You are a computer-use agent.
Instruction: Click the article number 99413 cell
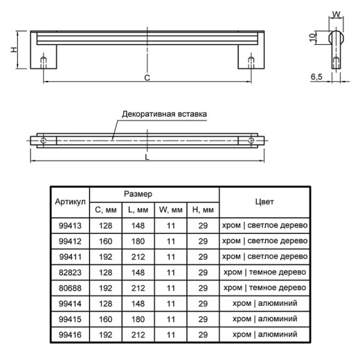[70, 226]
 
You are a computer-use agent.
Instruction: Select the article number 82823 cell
[70, 272]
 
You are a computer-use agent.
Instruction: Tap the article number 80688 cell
[70, 288]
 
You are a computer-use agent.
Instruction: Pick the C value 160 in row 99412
[106, 241]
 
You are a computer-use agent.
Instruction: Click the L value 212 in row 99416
[138, 334]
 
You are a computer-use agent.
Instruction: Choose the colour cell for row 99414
[264, 303]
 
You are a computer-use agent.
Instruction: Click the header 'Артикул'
[70, 201]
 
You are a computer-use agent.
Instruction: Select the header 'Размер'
[138, 194]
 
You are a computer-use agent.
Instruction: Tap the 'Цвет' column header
[264, 201]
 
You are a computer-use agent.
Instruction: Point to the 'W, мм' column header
[170, 210]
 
